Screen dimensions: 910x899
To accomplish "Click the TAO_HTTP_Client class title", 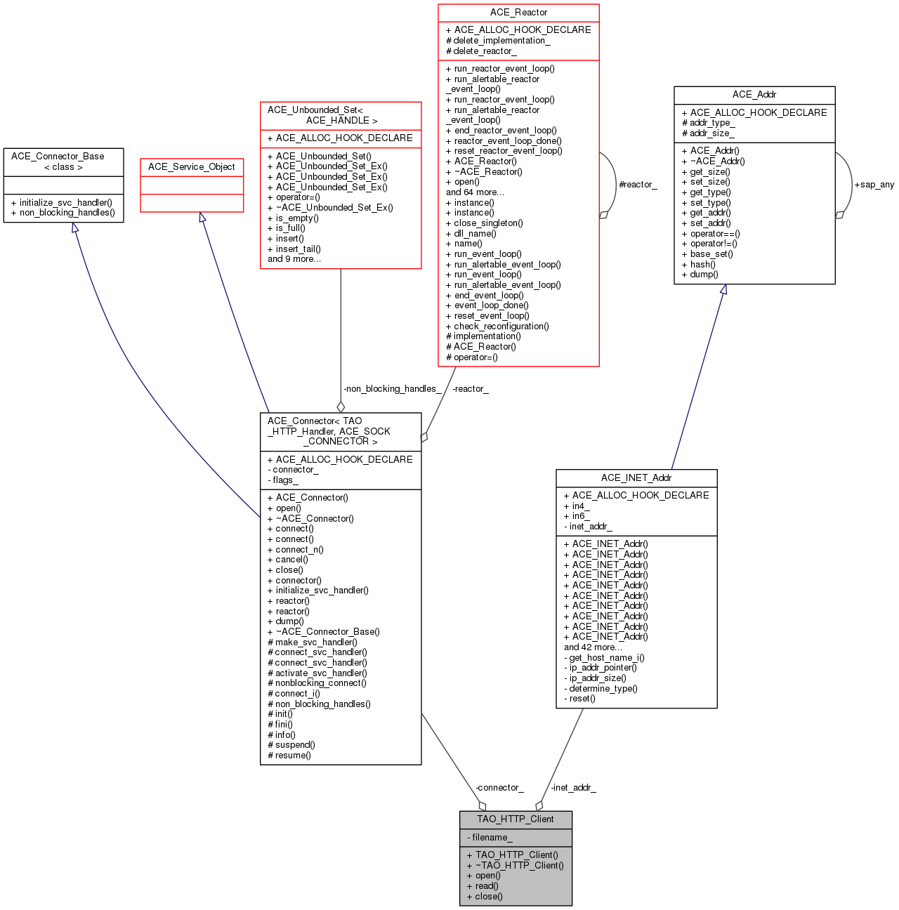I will point(516,819).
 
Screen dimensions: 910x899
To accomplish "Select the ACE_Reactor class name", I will point(518,13).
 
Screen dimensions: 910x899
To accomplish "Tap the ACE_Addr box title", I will point(754,95).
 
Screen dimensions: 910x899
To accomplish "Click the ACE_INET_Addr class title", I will point(636,478).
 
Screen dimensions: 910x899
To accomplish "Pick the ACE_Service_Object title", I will point(192,167).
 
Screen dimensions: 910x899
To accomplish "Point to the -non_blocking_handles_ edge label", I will point(392,389).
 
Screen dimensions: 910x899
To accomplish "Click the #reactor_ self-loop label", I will point(638,185).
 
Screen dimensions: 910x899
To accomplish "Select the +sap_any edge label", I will point(874,185).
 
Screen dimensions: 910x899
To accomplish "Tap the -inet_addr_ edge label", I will point(573,788).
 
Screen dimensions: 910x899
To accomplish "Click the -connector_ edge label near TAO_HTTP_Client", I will point(499,788).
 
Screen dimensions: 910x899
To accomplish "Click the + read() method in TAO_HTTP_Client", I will point(483,886).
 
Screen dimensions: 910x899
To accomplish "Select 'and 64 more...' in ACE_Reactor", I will point(475,192).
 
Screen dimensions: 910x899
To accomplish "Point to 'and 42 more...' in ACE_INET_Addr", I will point(593,647).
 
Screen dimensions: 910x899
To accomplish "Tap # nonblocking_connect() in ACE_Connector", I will point(317,683).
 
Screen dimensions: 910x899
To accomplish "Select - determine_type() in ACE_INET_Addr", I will point(601,689).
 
